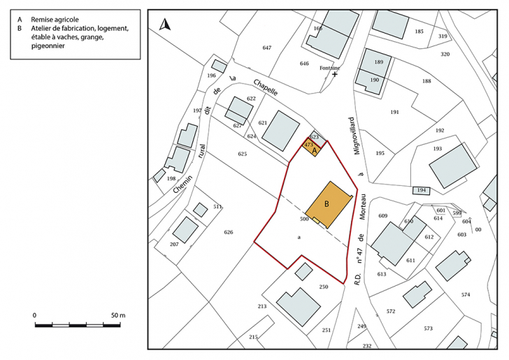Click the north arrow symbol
(x=165, y=25)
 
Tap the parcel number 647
(x=266, y=48)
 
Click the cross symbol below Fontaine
(x=335, y=73)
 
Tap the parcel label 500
(x=304, y=219)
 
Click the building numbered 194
(x=420, y=190)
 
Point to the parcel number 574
(x=466, y=294)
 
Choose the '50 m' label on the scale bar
(x=117, y=316)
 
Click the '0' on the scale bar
(x=35, y=316)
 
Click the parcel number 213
(x=262, y=307)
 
